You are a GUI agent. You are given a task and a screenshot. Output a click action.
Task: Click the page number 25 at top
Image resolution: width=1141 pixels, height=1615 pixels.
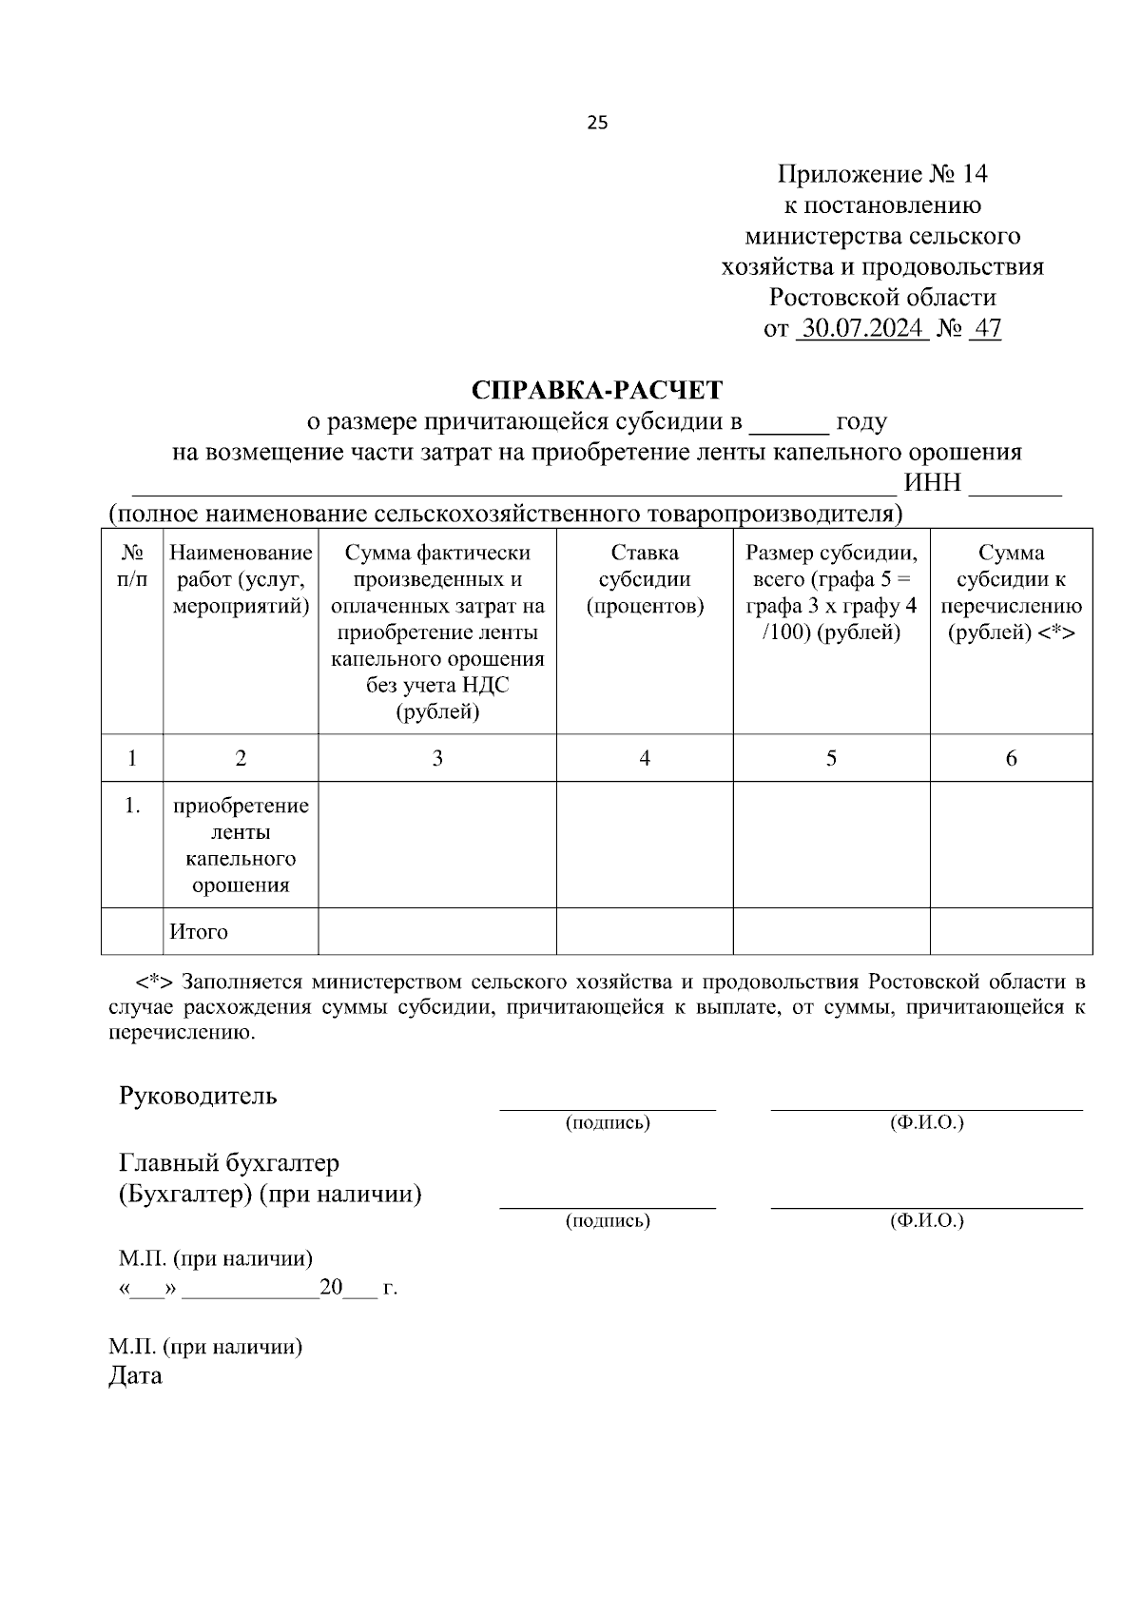598,123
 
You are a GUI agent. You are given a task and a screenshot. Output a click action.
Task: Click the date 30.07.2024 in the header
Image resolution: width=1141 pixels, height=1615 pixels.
862,329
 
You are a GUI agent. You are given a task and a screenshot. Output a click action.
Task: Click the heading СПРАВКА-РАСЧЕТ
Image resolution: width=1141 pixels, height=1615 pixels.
597,390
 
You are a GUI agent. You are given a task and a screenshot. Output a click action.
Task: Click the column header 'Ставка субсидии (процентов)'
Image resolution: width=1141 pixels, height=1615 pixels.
645,579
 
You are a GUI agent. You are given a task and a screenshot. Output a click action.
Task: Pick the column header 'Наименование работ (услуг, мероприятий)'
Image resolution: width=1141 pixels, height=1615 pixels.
241,579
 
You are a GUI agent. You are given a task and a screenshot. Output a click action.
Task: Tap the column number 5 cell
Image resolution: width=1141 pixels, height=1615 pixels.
831,758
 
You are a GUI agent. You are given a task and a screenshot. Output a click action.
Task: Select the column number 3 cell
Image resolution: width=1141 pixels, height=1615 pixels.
437,758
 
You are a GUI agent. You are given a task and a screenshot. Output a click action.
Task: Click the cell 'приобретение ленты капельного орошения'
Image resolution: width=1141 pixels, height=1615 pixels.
241,845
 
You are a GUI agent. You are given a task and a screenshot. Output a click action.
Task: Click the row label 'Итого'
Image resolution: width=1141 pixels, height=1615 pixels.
199,931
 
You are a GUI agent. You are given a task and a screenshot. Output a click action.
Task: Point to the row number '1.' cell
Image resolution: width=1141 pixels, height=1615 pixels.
132,806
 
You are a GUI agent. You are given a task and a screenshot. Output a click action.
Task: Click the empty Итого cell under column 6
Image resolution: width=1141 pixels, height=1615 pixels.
1011,931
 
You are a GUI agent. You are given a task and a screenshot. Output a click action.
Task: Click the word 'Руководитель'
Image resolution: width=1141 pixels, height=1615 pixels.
198,1095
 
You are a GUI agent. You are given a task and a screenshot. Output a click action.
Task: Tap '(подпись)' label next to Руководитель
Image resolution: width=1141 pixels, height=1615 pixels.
608,1123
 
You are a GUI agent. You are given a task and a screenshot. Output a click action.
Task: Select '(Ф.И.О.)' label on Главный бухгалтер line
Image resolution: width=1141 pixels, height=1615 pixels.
926,1220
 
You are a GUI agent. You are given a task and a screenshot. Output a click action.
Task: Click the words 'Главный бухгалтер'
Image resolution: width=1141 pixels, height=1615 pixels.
229,1162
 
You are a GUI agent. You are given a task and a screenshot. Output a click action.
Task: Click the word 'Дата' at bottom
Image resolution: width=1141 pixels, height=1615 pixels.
135,1375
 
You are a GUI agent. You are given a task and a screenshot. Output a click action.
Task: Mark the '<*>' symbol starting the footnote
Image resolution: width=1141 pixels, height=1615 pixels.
154,981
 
